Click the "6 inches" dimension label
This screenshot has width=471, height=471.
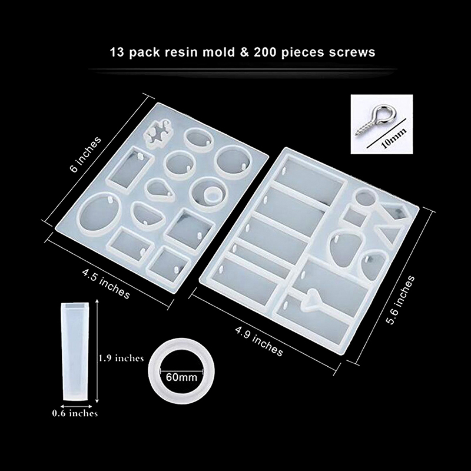point(85,154)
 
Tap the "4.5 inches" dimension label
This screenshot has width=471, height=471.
point(106,284)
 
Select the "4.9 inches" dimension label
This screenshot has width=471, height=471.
point(258,341)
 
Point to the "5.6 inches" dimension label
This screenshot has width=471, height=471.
point(401,300)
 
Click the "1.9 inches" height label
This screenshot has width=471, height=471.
point(121,358)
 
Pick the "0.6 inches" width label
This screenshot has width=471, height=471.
point(75,413)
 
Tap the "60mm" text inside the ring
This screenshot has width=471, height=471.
point(181,377)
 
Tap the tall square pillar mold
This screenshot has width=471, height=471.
point(76,351)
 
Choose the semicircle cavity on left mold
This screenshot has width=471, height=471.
point(147,214)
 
